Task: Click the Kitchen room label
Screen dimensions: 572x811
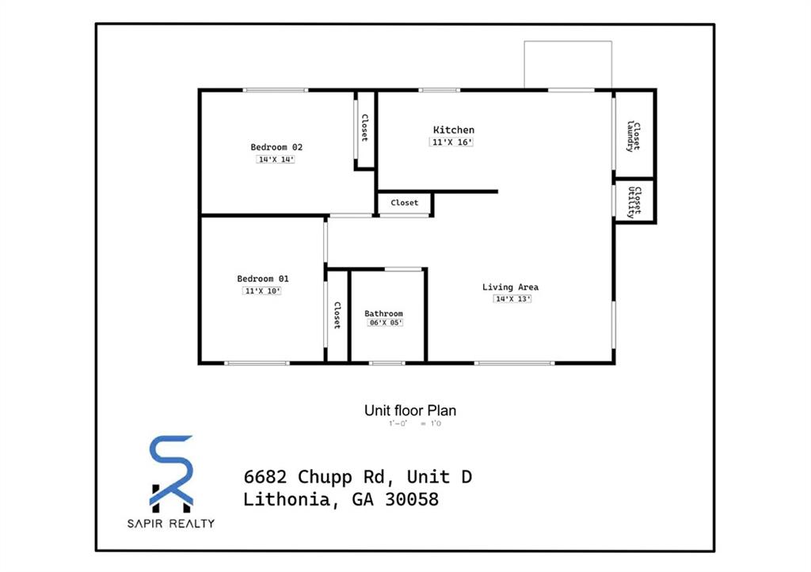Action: [454, 130]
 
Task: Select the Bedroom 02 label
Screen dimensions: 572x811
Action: [276, 147]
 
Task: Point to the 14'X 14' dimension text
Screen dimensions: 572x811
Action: [276, 159]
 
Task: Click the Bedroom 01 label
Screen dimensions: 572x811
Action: [263, 278]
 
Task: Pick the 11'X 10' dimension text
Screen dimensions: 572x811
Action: [262, 291]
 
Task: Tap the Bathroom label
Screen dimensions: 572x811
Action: [383, 313]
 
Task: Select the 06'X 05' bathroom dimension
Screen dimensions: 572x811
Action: [385, 323]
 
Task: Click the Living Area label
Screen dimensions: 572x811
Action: [510, 287]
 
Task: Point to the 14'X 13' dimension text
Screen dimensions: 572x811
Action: [512, 299]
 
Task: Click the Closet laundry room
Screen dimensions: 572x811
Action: [634, 135]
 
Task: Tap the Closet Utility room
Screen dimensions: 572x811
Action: [634, 202]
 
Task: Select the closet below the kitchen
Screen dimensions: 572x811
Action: [404, 203]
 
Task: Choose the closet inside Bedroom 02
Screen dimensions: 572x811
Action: [364, 128]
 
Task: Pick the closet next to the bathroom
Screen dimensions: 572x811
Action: [337, 315]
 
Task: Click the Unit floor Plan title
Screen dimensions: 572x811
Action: [409, 411]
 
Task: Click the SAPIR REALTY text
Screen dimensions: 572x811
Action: [172, 523]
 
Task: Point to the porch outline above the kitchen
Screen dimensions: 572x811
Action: [568, 64]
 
